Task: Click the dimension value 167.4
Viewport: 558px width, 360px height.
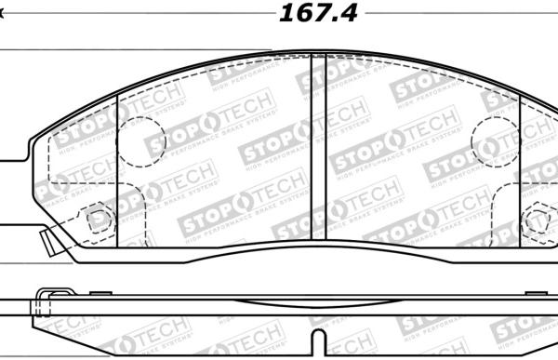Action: [317, 13]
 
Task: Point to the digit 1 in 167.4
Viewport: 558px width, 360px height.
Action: [286, 13]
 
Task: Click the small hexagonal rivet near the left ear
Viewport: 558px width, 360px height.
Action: [98, 220]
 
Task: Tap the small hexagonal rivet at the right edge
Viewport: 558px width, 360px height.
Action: [538, 221]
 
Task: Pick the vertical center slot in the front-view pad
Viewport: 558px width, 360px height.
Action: [317, 149]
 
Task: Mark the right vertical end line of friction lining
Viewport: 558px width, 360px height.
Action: [519, 172]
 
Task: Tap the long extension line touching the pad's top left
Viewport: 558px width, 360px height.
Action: [139, 49]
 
